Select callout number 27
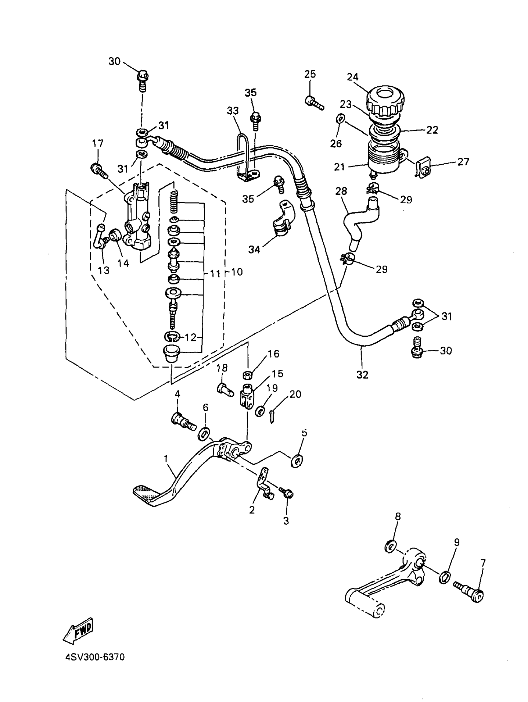(463, 162)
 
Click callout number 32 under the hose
(362, 375)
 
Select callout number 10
(237, 272)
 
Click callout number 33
(233, 111)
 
